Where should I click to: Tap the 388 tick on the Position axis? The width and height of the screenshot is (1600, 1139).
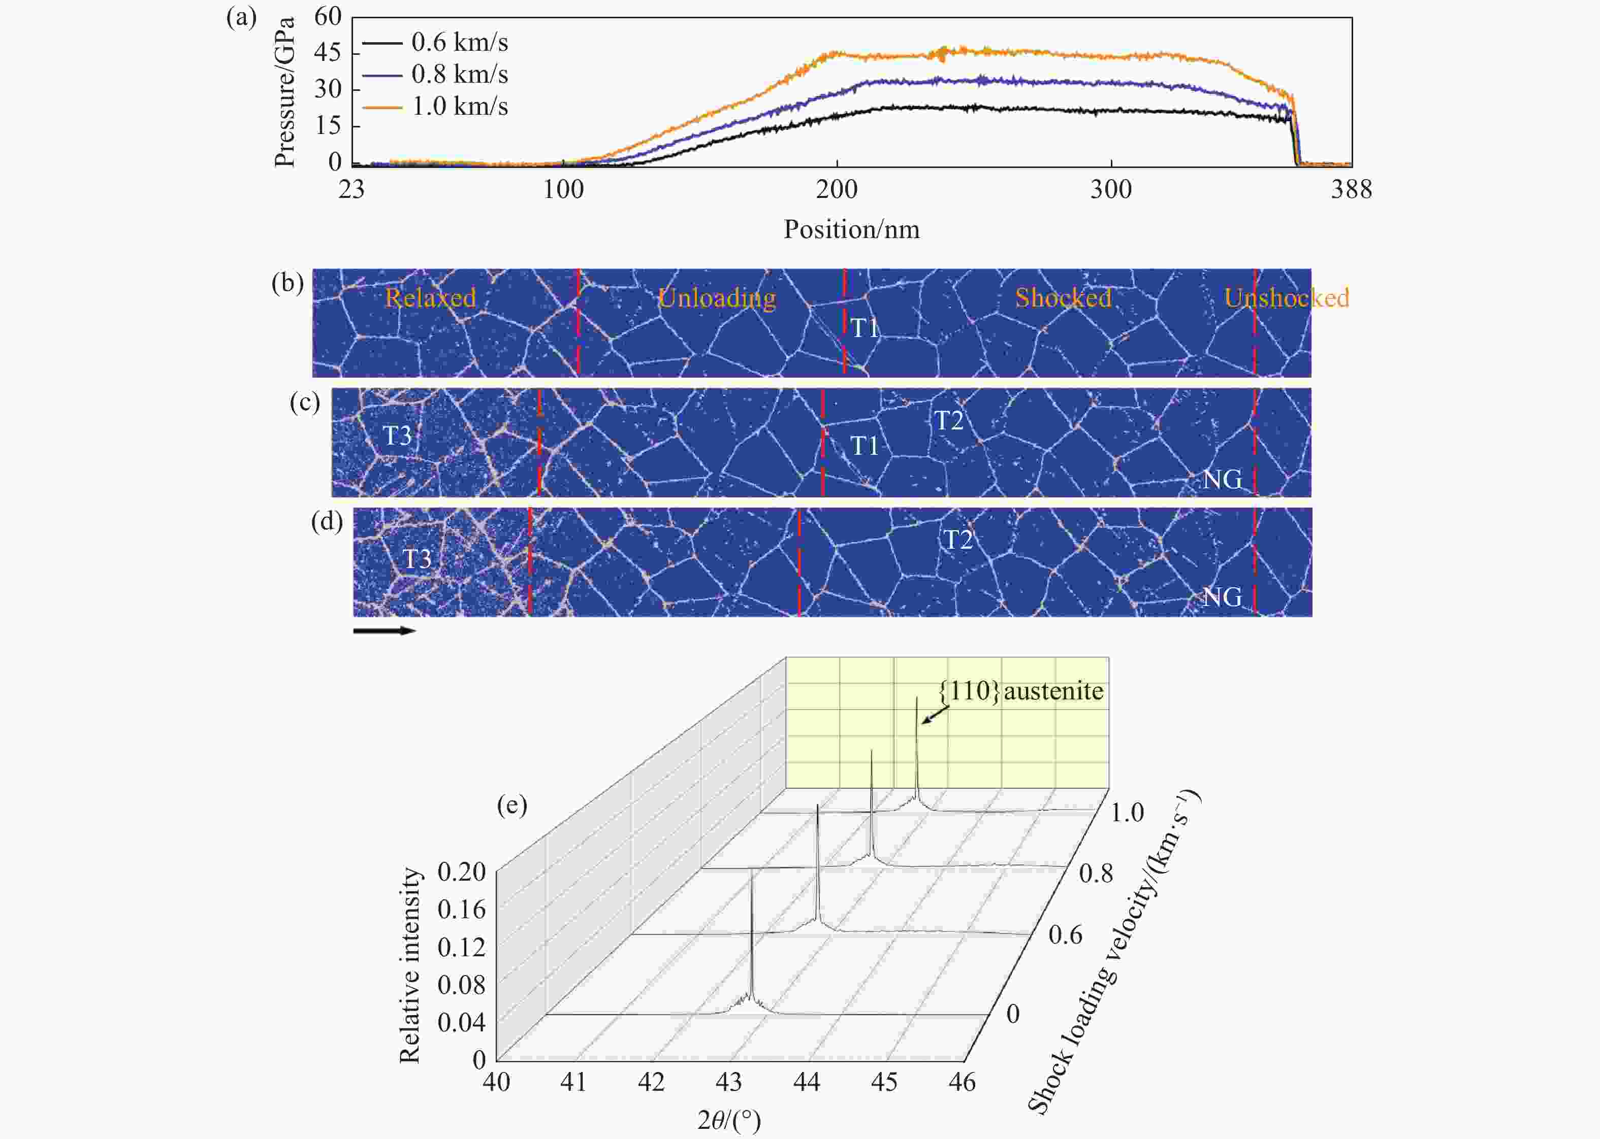pyautogui.click(x=1351, y=189)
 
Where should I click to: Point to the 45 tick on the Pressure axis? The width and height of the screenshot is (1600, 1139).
pyautogui.click(x=328, y=53)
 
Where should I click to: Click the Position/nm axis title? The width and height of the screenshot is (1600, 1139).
pyautogui.click(x=851, y=230)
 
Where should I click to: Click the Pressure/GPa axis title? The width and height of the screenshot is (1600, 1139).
pyautogui.click(x=284, y=92)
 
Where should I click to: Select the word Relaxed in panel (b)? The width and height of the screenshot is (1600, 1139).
pyautogui.click(x=430, y=298)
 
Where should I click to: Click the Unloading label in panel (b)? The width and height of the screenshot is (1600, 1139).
pyautogui.click(x=717, y=298)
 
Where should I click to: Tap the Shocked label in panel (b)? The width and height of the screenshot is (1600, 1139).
pyautogui.click(x=1063, y=298)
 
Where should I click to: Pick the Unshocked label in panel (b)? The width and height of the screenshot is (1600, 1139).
pyautogui.click(x=1286, y=298)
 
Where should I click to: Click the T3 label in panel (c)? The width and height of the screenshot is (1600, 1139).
pyautogui.click(x=397, y=435)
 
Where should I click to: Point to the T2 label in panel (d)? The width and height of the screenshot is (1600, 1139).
pyautogui.click(x=958, y=540)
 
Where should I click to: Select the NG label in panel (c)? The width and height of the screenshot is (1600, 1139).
pyautogui.click(x=1222, y=480)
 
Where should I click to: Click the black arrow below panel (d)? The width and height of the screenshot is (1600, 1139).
pyautogui.click(x=384, y=630)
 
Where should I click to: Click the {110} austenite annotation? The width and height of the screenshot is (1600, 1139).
pyautogui.click(x=1021, y=691)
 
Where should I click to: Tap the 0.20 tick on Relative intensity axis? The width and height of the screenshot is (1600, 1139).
pyautogui.click(x=461, y=872)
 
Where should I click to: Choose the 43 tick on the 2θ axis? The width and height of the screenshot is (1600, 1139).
pyautogui.click(x=729, y=1082)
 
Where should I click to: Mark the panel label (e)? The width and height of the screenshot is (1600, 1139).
pyautogui.click(x=511, y=805)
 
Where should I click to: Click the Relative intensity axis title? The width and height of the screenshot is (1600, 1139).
pyautogui.click(x=410, y=966)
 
